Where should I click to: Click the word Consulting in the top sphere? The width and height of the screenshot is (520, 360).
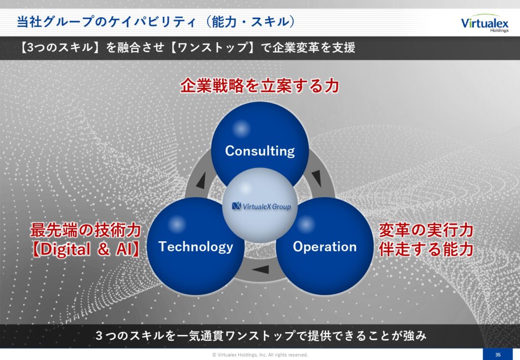pos(259,151)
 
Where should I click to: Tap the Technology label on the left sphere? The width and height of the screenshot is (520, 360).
pos(196,247)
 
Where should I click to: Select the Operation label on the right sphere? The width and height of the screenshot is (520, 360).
pos(324,247)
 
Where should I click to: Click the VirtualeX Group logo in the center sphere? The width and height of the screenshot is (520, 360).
pos(262,207)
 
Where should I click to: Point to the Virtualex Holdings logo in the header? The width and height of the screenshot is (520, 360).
pos(484,23)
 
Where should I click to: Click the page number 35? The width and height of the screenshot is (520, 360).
pos(498,355)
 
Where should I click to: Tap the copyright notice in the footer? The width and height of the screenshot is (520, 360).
pos(260,355)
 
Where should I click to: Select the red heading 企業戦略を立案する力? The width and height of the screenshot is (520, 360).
pos(259,85)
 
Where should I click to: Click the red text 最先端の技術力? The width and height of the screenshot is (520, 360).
pos(85,230)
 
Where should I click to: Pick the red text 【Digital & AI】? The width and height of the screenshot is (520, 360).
pos(85,249)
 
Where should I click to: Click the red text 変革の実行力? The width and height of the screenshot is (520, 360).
pos(426,230)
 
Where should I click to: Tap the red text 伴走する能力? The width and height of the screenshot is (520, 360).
pos(426,249)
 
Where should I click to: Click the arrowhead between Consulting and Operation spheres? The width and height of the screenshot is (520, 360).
pos(317,178)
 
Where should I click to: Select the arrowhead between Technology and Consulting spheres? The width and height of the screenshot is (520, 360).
pos(201,181)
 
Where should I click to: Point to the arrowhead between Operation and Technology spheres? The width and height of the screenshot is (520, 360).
pos(261,269)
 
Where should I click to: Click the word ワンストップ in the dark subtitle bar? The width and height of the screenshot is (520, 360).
pos(213,47)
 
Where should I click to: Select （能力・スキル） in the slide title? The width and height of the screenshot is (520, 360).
pos(250,22)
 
